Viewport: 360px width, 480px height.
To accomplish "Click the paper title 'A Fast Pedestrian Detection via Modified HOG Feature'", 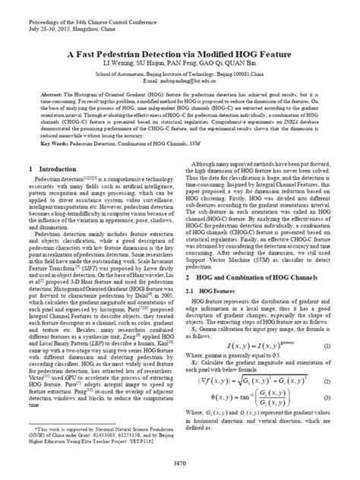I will [180, 55].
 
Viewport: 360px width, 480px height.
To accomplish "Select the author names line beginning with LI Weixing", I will [180, 65].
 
